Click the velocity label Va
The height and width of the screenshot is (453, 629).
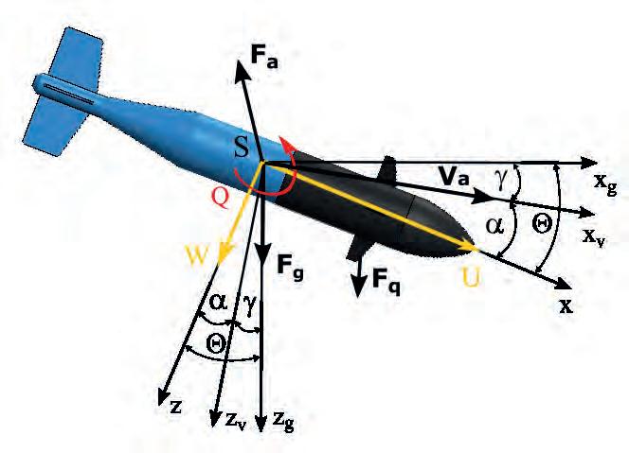point(454,176)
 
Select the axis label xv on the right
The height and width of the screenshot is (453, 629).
point(595,235)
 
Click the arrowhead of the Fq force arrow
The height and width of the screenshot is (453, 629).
point(361,288)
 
